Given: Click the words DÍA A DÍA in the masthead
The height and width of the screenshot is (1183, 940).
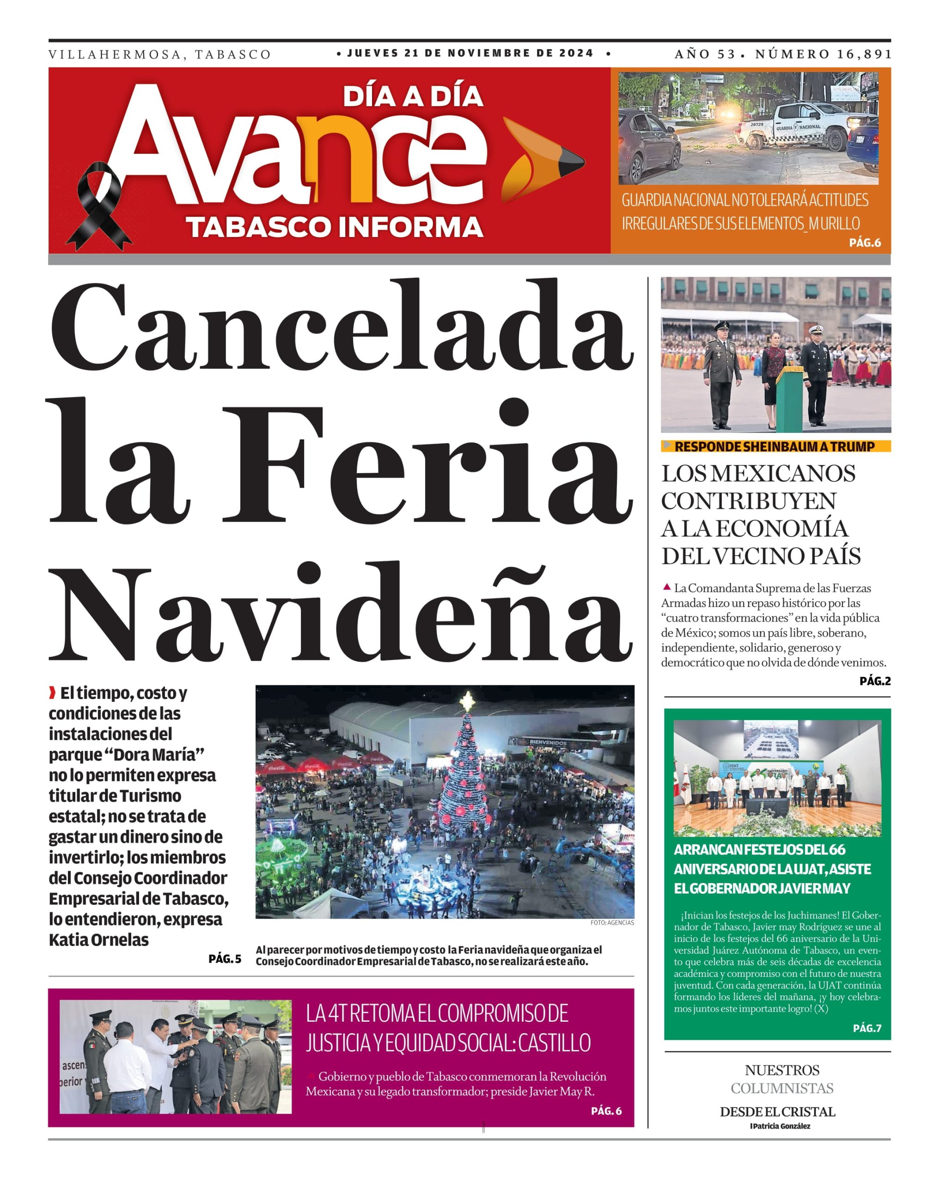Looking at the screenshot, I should [413, 97].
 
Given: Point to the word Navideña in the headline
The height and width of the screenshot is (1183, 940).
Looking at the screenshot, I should [342, 615].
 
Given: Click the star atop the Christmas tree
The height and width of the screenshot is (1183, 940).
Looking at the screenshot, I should [467, 701].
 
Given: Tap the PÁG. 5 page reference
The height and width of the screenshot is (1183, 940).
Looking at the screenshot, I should [225, 958].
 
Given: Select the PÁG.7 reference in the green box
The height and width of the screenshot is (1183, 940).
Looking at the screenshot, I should [867, 1028].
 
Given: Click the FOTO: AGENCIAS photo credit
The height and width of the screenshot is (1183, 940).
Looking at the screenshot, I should [612, 922].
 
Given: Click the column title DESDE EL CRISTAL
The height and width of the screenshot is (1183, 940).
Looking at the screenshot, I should [777, 1112].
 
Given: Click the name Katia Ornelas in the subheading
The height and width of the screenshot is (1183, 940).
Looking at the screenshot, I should [99, 940].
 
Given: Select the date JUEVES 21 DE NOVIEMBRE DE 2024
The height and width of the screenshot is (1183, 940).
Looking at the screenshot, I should [470, 53].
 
